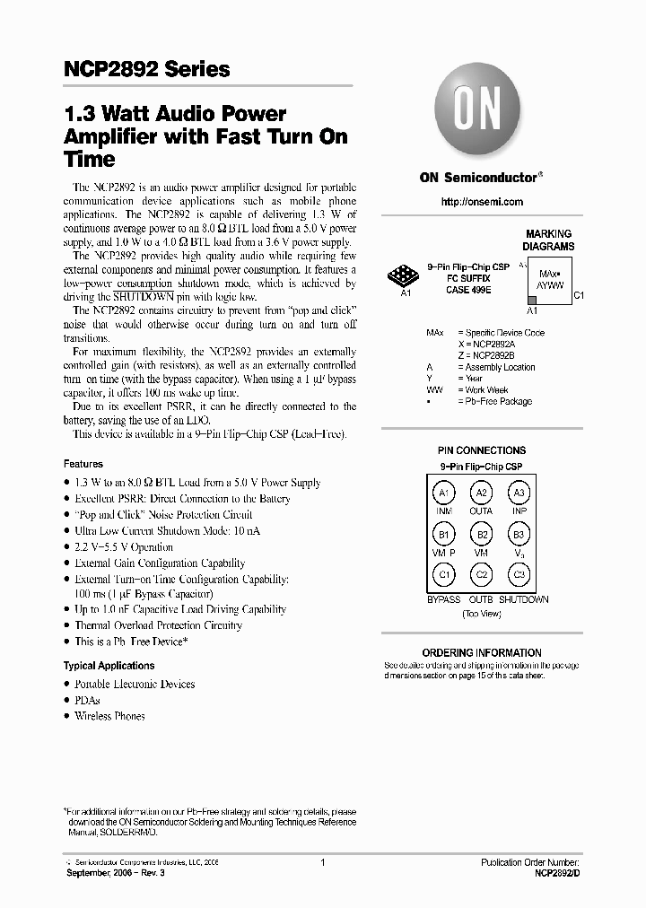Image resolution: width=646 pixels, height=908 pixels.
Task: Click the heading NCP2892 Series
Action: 147,69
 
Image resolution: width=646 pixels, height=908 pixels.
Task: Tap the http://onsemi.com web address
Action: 482,202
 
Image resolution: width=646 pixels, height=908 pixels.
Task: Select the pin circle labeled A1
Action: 443,493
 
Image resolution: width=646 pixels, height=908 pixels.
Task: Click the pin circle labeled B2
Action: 482,536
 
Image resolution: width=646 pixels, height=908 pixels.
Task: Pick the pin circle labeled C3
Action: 519,575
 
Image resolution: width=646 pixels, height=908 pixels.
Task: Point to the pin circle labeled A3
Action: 519,493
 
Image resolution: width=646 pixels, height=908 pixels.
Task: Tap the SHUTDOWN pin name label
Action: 524,599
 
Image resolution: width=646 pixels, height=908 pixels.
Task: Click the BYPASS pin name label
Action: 443,599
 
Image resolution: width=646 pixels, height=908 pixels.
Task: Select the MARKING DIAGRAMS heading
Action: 548,240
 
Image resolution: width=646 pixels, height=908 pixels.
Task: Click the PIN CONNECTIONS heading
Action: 482,450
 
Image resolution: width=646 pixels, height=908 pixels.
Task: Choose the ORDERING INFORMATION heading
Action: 482,652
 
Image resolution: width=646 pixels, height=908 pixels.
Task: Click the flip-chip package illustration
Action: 404,276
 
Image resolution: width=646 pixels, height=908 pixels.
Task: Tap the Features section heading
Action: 83,464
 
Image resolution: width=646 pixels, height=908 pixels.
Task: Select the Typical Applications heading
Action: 109,666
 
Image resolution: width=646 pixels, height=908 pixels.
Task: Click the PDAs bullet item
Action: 87,700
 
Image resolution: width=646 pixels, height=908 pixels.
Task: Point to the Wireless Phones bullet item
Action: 109,716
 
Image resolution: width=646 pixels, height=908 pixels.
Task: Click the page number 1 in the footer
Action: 322,862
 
